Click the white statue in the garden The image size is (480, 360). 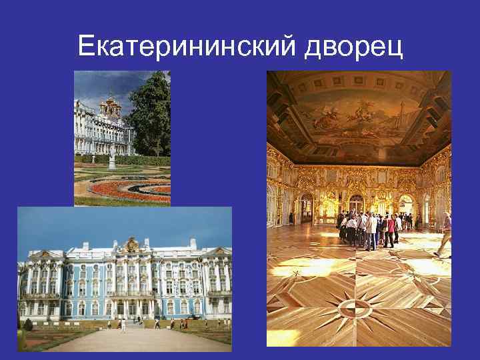[x=112, y=159]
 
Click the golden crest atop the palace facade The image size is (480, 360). [x=131, y=243]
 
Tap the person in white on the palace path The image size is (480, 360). [x=123, y=325]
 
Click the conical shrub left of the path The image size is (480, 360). [x=27, y=325]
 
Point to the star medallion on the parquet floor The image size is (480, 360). [x=354, y=307]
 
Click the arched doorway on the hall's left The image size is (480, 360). [x=306, y=208]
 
